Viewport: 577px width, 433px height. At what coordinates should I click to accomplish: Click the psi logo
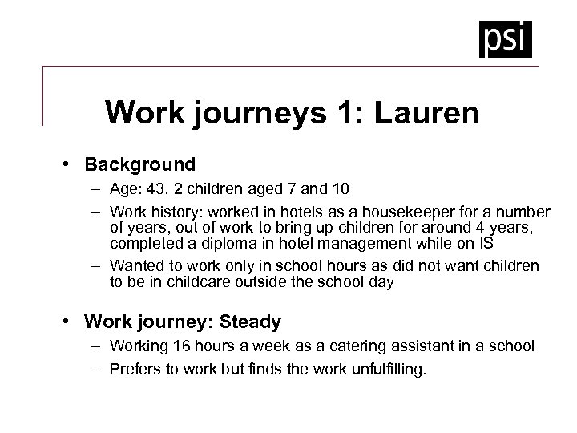506,38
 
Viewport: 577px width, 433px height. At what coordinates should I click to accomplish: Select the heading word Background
141,165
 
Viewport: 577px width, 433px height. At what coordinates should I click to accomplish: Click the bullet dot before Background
72,165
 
